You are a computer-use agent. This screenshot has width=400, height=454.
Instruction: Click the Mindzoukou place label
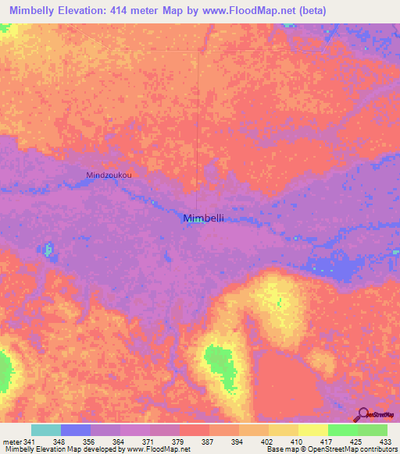coord(109,175)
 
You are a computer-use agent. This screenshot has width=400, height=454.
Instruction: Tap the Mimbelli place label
coord(203,218)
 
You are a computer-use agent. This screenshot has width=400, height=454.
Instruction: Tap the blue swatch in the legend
coord(75,430)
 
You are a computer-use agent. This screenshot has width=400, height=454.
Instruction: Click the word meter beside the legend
coord(12,442)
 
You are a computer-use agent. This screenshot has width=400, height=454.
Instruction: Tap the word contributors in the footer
coord(377,449)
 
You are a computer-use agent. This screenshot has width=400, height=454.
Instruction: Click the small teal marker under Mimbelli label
coord(197,221)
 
